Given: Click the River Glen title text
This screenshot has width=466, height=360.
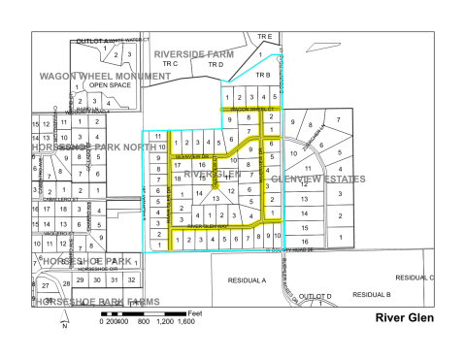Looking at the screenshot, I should click(405, 317).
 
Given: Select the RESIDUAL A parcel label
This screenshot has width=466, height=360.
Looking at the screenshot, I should click(247, 278).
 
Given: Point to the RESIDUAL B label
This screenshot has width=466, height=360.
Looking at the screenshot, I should click(372, 293).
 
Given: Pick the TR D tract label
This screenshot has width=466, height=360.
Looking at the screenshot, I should click(216, 64).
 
